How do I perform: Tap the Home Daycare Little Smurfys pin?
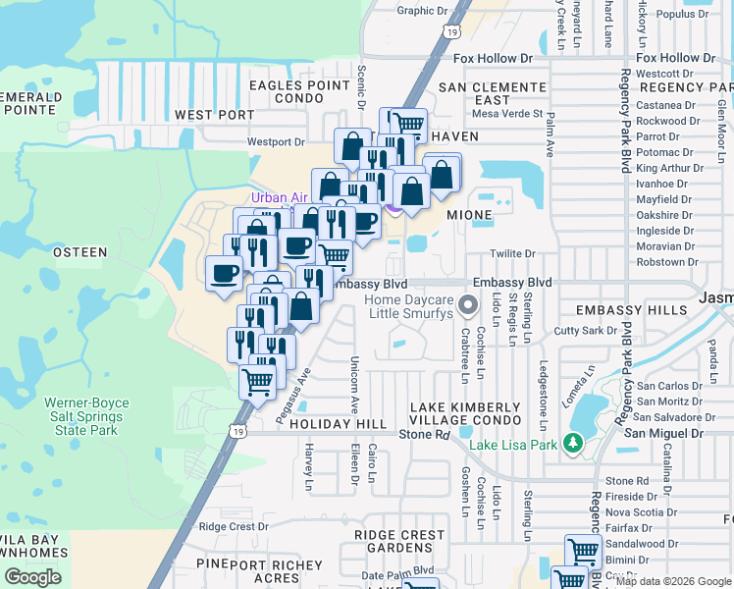468,305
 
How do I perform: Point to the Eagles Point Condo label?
286,92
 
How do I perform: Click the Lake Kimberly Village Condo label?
465,414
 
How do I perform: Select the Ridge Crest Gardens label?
402,542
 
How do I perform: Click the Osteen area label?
79,252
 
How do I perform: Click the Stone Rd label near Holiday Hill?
424,433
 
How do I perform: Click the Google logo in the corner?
32,577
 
